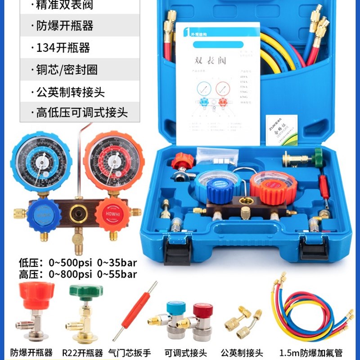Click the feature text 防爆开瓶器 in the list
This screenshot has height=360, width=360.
pos(65,26)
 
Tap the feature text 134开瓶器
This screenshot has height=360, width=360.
pos(63,48)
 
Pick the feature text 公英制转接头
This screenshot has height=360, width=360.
pos(70,92)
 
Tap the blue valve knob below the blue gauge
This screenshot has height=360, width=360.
pos(44,216)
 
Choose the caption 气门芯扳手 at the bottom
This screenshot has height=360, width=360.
pos(130,352)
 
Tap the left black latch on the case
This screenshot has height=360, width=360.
pos(177,251)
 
